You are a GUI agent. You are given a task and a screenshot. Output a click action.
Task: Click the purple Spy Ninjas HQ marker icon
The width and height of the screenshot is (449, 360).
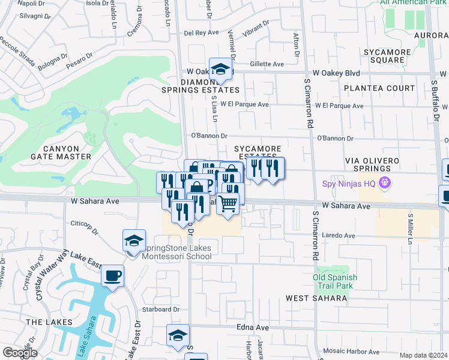385,184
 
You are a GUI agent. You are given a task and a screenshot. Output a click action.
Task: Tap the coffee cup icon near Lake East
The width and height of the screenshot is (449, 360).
112,277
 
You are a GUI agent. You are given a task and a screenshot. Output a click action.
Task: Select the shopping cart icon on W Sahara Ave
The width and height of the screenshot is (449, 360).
228,204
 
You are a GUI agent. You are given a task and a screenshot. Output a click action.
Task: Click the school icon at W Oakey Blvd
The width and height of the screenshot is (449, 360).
220,70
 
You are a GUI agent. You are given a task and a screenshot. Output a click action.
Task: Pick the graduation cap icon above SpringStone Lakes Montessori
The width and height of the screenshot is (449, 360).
134,241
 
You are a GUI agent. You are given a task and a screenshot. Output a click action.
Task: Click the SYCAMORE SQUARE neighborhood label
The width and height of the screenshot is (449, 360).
387,55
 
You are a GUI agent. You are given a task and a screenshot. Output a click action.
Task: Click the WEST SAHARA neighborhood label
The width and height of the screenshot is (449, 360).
310,298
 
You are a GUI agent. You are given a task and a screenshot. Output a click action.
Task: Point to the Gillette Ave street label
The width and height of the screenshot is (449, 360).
267,64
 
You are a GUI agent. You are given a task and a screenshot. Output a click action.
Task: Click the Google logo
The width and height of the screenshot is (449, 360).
20,353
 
